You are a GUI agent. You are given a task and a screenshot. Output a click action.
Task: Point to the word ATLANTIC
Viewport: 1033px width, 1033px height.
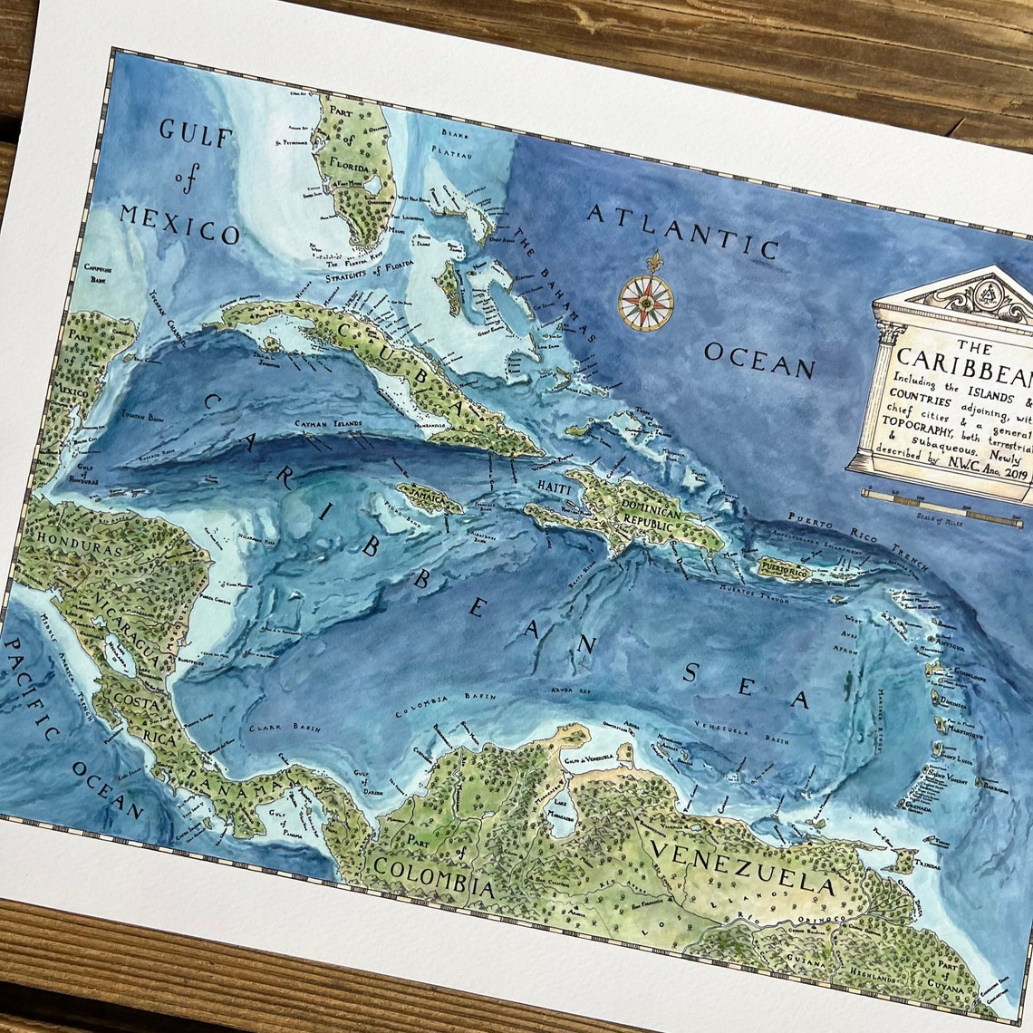coord(682,229)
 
